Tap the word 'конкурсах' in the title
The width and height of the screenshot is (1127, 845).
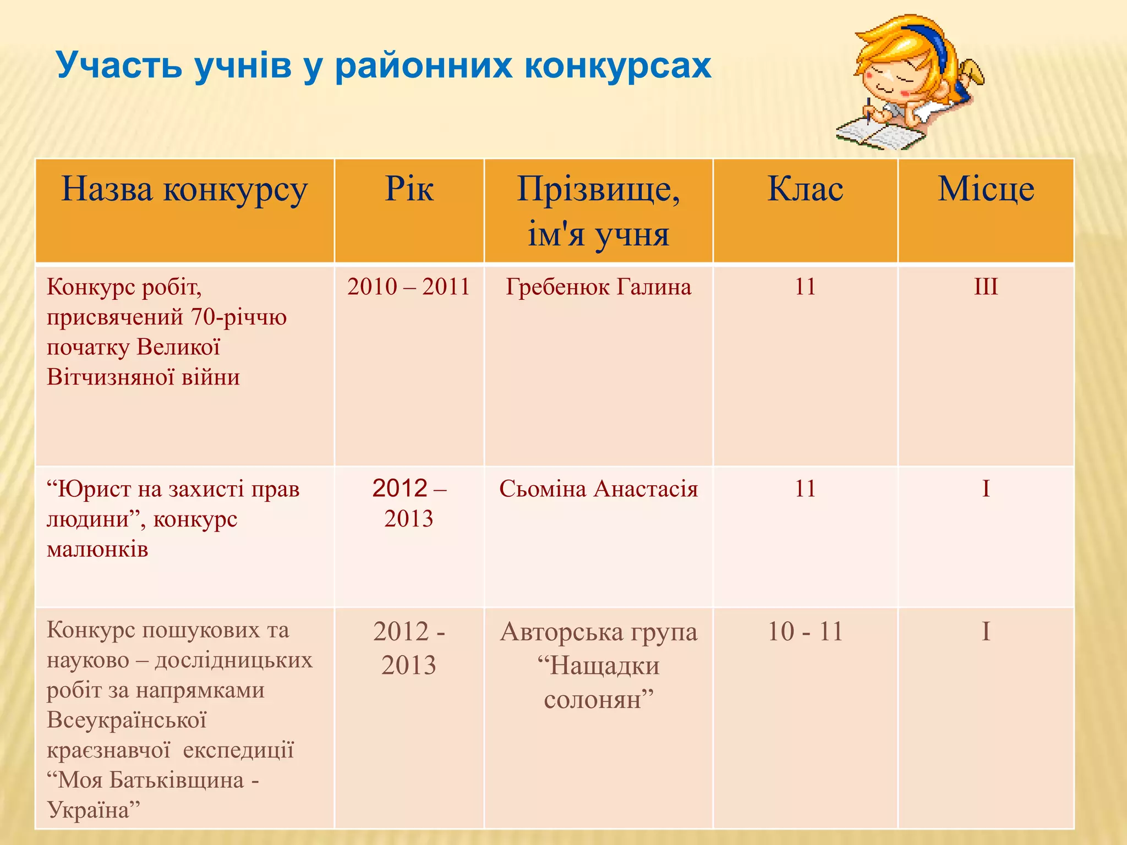coord(617,66)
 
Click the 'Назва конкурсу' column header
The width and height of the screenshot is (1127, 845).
coord(184,189)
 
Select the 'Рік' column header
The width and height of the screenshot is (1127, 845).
coord(409,189)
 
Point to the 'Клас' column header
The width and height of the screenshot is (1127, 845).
coord(805,189)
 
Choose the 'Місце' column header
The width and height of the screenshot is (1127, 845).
coord(986,189)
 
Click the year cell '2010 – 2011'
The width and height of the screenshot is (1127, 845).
coord(408,287)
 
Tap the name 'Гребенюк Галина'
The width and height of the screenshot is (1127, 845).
coord(598,287)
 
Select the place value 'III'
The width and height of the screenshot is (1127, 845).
coord(986,287)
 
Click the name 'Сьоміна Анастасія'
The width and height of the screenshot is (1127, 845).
coord(598,489)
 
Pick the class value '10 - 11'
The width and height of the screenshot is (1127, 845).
coord(805,632)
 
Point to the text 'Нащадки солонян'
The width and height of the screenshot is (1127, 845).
coord(598,683)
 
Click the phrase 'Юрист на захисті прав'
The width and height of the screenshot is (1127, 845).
coord(173,489)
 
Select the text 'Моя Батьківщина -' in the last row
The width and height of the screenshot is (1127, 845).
coord(153,780)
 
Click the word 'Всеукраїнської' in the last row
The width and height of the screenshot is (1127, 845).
coord(127,720)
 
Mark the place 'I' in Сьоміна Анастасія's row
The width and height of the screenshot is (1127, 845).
coord(986,489)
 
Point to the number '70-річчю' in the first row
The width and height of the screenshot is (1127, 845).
coord(239,317)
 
